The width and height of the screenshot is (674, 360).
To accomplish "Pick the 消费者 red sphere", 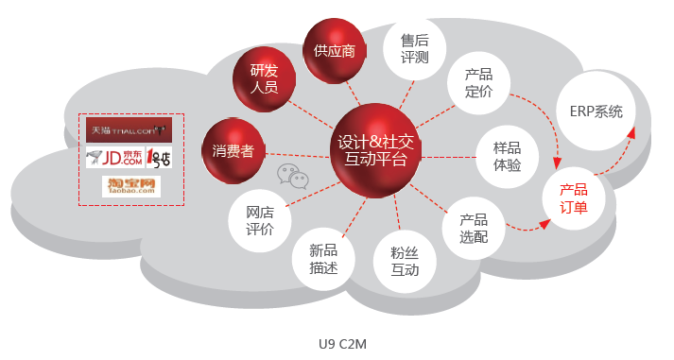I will coord(233,151).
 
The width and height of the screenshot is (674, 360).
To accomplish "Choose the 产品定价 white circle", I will coord(479,83).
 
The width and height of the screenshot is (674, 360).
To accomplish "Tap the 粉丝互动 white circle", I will coord(405,261).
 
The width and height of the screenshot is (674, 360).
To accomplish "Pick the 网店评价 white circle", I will coord(259,221).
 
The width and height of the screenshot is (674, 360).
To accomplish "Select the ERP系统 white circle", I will coord(596,111).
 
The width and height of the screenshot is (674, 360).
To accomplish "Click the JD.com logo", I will coord(114,158).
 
